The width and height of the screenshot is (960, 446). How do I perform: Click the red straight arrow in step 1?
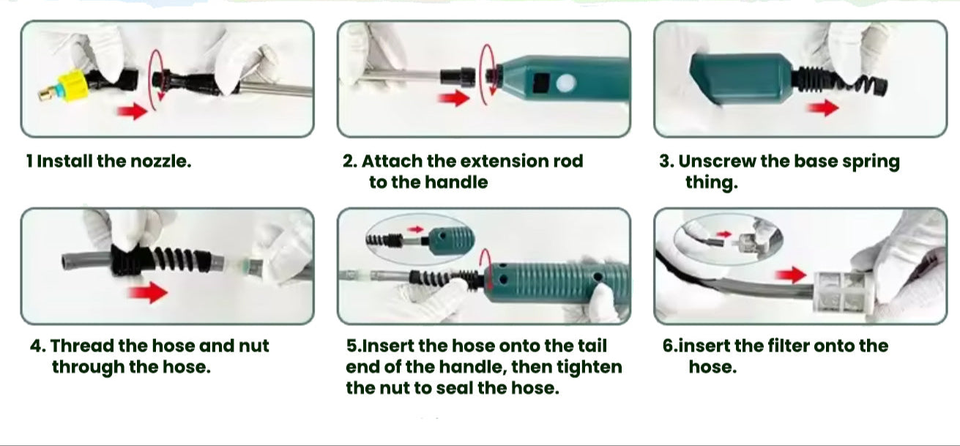133,111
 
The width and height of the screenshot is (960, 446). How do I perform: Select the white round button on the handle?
566,83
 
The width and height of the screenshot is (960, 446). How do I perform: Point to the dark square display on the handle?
542,83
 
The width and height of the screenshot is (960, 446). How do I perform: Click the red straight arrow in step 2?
453,99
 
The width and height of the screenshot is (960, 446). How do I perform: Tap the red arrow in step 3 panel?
823,108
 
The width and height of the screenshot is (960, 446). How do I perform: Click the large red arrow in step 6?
792,275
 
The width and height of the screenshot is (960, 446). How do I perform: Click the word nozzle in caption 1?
160,162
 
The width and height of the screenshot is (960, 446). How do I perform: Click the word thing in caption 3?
711,183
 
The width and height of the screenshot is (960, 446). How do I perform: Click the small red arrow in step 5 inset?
415,229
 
